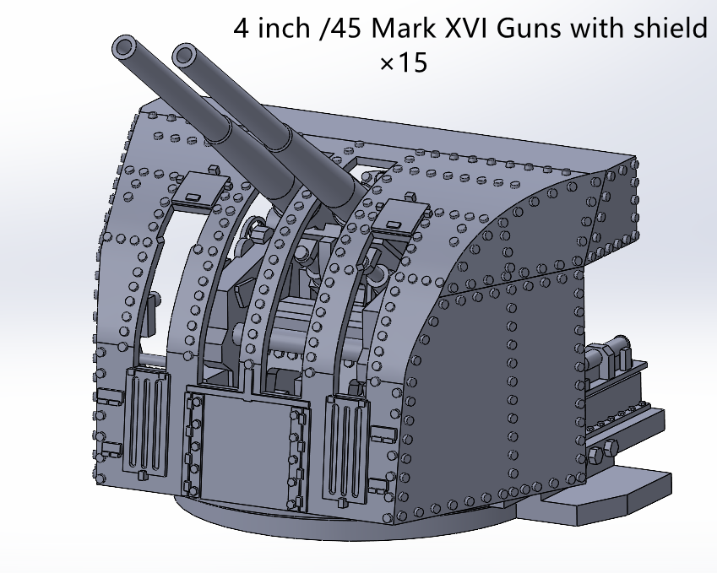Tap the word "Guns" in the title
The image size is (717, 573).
pyautogui.click(x=530, y=29)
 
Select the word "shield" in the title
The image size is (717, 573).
pyautogui.click(x=666, y=29)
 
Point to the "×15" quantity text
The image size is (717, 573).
pyautogui.click(x=404, y=63)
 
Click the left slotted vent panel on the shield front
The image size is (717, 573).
pyautogui.click(x=146, y=422)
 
